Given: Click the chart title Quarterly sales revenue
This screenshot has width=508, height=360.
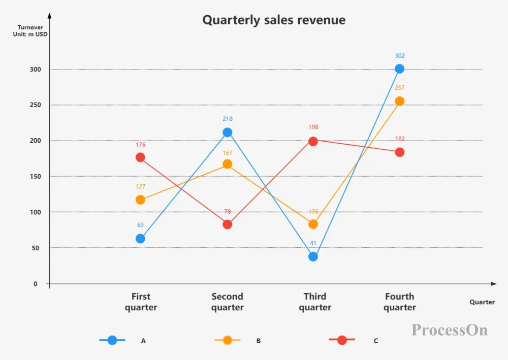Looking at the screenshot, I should pos(274,20).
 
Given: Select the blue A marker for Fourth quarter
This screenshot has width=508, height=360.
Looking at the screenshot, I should pos(399,69).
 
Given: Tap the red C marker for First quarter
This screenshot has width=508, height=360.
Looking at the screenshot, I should pos(140,157).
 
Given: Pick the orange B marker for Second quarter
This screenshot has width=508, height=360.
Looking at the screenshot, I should pos(227,164).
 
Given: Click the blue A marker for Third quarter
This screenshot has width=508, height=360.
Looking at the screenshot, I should pos(313,256).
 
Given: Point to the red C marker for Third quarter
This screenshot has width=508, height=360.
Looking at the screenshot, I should pos(313,141).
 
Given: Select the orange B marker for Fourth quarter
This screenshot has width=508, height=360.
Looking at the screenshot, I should pos(400,101).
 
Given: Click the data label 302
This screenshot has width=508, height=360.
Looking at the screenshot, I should pos(399,56).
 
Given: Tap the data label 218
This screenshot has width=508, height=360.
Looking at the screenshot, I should pos(227,119).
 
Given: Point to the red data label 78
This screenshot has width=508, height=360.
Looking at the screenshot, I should pos(227,212).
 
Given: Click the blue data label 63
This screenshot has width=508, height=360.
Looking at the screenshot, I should pos(140,225).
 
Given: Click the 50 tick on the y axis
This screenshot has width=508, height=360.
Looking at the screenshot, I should pos(36,248).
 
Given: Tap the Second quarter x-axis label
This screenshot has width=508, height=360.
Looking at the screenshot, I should pos(227,302).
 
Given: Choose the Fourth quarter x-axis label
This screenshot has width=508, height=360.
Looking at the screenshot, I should pos(400,302).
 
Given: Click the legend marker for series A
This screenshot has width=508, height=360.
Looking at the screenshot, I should pos(112,340).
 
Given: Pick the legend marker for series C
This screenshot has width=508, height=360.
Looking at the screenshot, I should pos(342,340).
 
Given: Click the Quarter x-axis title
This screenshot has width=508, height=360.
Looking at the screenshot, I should pos(482,302).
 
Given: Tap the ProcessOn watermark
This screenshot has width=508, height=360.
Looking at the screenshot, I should pos(449,330).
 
